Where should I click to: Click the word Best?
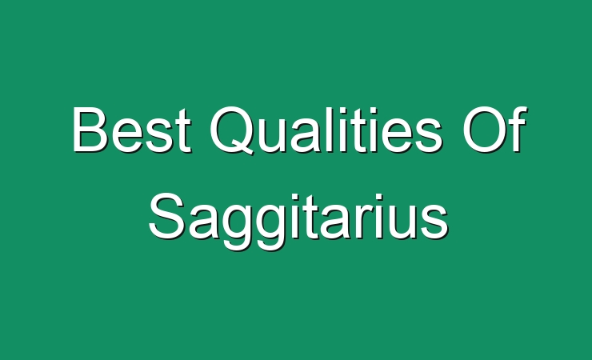132,130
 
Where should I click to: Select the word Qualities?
326,130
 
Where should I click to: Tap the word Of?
494,130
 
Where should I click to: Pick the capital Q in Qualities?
231,130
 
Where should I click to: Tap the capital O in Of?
484,130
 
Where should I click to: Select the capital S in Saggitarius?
166,216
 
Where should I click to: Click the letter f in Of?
518,129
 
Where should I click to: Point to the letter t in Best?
183,133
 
